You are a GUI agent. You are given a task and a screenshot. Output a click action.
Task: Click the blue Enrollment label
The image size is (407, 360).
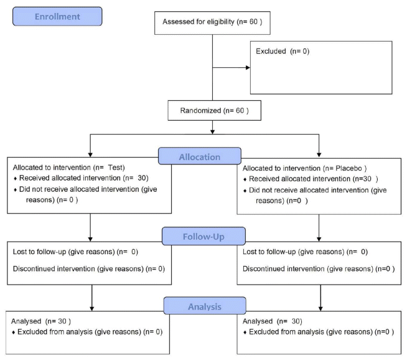57,16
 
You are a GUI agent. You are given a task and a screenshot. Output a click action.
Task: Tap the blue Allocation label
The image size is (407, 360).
200,156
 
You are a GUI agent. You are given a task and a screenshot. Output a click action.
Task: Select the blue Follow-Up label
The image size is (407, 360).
203,236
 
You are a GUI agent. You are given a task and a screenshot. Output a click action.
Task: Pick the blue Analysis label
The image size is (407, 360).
205,306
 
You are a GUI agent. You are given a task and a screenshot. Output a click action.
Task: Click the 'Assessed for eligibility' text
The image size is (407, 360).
199,22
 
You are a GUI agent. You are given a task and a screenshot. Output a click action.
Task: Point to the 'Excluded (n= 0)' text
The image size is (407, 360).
283,51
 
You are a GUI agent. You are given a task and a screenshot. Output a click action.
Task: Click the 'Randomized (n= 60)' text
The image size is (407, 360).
215,111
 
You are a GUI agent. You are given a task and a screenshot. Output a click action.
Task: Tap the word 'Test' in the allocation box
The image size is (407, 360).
115,168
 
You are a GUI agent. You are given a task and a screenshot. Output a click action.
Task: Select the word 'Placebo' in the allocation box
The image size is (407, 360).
349,168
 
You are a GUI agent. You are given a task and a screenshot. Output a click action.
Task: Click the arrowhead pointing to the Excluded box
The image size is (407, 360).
248,67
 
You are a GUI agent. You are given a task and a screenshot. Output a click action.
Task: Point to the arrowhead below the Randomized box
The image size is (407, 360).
213,131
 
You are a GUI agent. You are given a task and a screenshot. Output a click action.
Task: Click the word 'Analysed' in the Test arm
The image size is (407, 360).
26,321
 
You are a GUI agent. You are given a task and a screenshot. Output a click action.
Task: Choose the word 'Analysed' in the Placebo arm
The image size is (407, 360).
258,321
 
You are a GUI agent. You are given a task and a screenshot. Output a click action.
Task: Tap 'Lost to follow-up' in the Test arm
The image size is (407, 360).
39,252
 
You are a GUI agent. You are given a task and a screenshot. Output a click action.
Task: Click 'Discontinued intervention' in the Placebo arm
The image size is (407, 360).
283,268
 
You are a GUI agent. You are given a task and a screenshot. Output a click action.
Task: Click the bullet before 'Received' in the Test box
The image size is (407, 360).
16,179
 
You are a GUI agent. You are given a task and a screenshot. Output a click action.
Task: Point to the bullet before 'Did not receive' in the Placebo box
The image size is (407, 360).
245,191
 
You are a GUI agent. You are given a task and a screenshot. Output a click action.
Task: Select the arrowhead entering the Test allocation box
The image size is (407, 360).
90,154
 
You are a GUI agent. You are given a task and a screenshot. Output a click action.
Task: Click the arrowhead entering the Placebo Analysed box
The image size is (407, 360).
320,309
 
